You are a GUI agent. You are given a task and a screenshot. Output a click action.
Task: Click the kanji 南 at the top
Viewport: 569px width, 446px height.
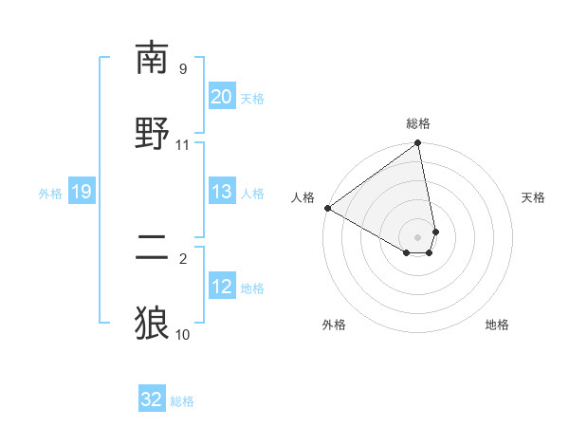click(152, 59)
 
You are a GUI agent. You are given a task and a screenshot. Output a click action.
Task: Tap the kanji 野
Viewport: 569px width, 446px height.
click(152, 134)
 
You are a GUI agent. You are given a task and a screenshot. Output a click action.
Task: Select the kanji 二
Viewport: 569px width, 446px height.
click(152, 248)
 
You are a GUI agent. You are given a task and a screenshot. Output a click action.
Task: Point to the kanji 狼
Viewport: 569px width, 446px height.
click(152, 323)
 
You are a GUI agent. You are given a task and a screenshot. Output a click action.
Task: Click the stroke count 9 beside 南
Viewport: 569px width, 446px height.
click(183, 69)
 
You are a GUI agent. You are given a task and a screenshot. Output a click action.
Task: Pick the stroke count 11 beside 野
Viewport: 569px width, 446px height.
click(183, 144)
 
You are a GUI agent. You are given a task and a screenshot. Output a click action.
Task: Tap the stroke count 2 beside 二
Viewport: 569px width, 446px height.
click(183, 258)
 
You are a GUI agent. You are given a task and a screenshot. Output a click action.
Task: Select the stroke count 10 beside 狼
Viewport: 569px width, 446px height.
click(183, 334)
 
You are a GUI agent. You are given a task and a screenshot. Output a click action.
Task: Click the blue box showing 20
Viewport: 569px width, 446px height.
click(221, 96)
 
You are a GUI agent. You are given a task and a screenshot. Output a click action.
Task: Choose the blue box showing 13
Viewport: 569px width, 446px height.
click(221, 192)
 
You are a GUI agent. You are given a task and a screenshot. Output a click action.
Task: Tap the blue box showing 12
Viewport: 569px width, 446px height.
click(221, 287)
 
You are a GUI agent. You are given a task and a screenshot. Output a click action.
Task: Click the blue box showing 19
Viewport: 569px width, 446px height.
click(81, 192)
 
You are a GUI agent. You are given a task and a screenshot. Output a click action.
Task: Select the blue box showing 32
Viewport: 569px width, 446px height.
click(152, 400)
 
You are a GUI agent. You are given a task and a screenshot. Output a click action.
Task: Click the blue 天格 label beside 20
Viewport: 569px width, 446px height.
click(252, 98)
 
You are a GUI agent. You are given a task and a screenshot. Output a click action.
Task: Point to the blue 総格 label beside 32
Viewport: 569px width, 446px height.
click(182, 401)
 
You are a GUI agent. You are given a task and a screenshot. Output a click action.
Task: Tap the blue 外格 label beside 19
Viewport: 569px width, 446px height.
click(50, 194)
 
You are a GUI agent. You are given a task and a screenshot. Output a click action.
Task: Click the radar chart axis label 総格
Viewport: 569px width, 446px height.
click(418, 123)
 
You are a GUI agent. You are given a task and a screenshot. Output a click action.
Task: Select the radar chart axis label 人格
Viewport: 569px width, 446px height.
click(303, 197)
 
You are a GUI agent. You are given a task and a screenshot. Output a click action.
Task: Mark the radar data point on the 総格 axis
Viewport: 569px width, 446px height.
click(418, 144)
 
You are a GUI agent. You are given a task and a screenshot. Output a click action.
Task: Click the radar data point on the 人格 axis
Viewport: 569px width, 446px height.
click(327, 208)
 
